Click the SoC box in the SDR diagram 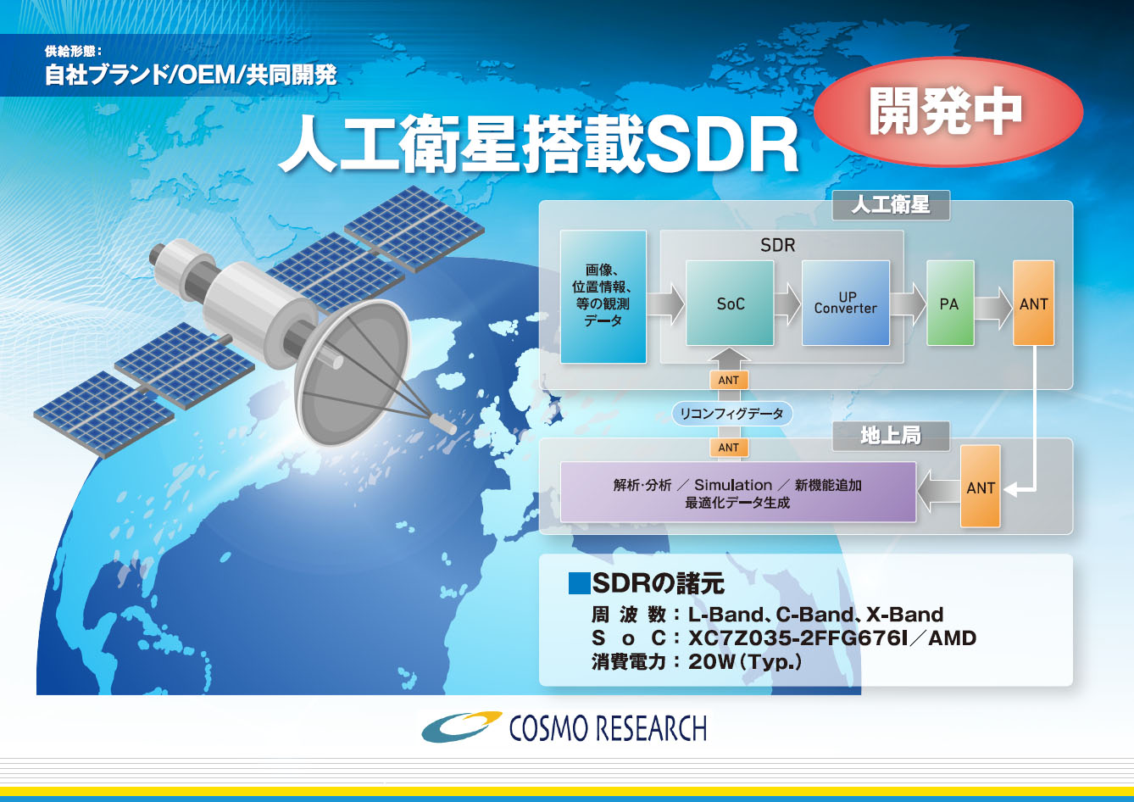click(x=730, y=303)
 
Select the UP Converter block click(x=846, y=303)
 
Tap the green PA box click(x=950, y=303)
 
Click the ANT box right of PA click(x=1033, y=303)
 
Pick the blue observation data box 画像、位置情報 click(x=603, y=297)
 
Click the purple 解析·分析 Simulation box click(x=737, y=492)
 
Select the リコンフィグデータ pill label click(x=731, y=414)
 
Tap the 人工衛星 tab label click(x=891, y=205)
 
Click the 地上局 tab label click(x=891, y=436)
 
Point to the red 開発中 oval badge click(x=948, y=112)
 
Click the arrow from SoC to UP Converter click(x=787, y=304)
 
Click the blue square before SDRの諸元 click(x=579, y=583)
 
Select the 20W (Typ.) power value click(x=745, y=662)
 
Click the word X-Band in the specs click(x=904, y=615)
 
